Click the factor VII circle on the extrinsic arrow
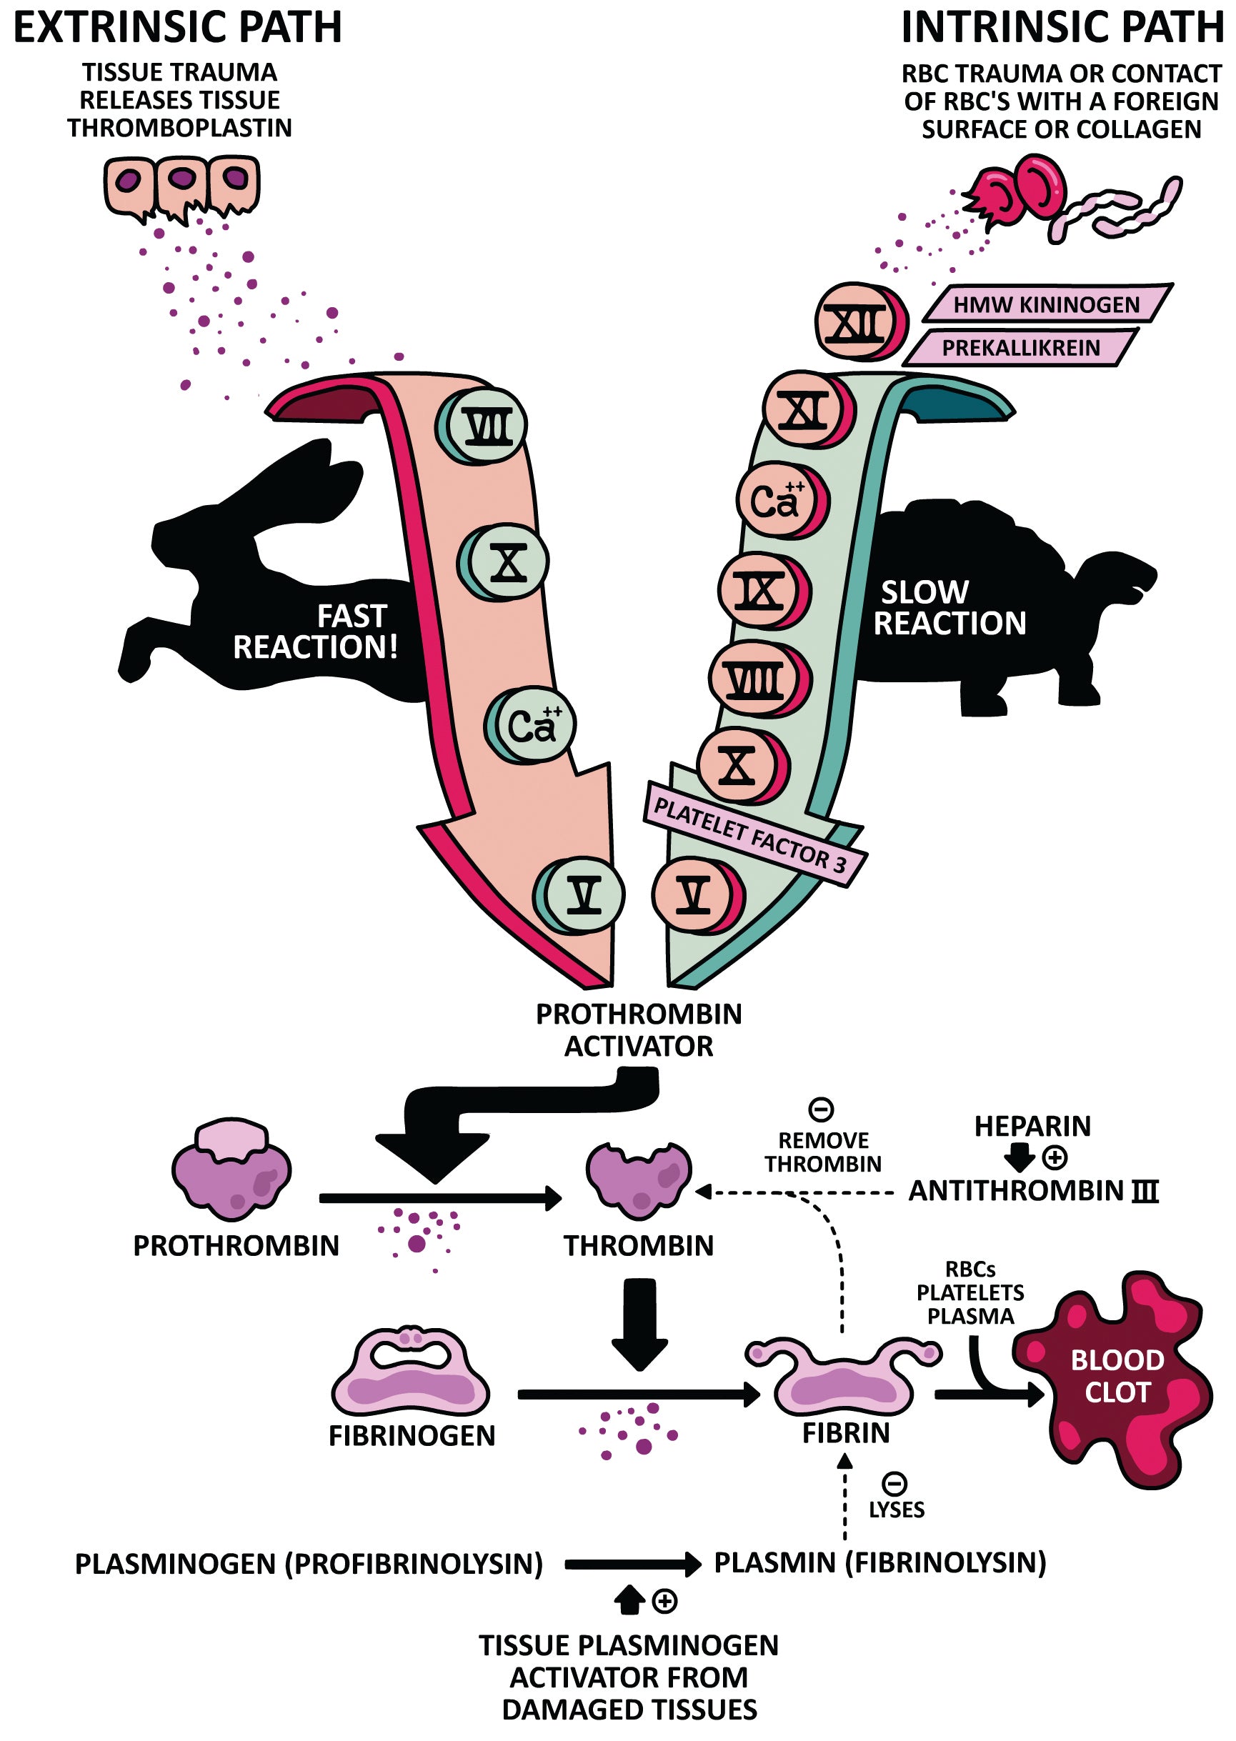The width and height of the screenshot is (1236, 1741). click(x=485, y=426)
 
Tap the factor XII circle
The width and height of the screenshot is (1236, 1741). click(x=858, y=323)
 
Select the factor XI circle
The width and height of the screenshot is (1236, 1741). click(x=806, y=411)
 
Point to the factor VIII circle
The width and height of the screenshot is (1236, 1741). click(x=756, y=679)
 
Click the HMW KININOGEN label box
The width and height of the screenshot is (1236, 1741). click(x=1046, y=305)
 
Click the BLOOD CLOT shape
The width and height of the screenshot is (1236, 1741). click(x=1116, y=1377)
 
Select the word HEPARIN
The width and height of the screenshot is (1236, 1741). click(x=1032, y=1126)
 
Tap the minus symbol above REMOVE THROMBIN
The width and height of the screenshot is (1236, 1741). click(x=820, y=1109)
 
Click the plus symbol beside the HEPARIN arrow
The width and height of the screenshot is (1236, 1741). click(x=1054, y=1158)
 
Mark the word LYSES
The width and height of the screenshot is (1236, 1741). click(x=897, y=1510)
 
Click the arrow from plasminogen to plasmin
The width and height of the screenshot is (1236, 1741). click(x=632, y=1565)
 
